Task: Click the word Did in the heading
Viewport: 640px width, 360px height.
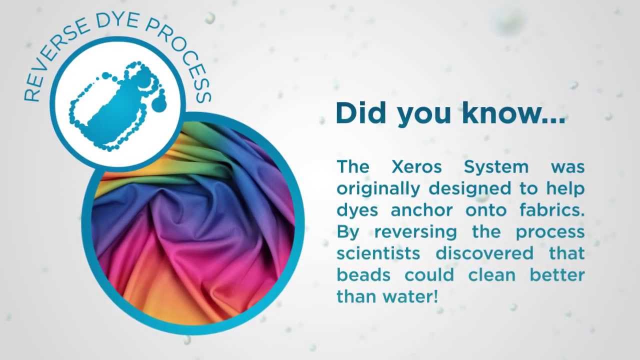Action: [362, 113]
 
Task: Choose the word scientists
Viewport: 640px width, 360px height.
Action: [378, 253]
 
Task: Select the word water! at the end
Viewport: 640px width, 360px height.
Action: [410, 296]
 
